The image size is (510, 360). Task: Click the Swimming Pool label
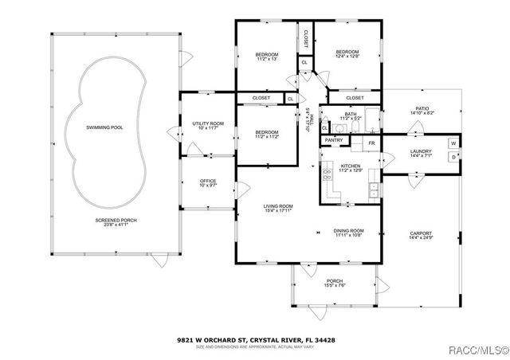pos(104,127)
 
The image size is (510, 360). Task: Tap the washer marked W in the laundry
pos(453,143)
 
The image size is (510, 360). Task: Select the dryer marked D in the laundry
pos(453,157)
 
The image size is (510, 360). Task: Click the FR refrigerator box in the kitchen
pos(371,143)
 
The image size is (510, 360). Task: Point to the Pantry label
pos(335,140)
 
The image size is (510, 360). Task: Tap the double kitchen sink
pos(373,190)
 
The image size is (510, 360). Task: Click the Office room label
pos(208,181)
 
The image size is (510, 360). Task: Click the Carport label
pos(420,233)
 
